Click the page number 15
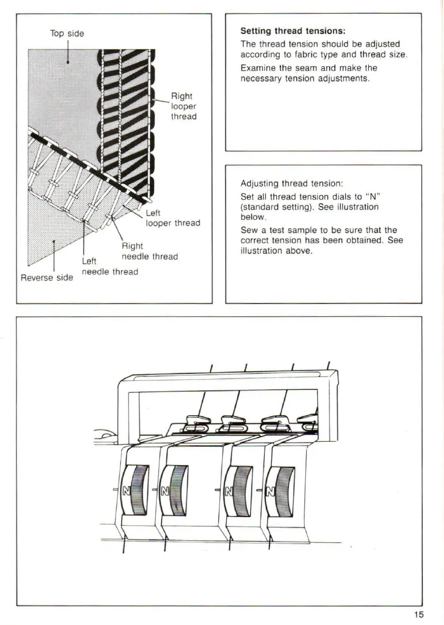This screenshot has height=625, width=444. click(419, 614)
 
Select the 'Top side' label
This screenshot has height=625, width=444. click(67, 33)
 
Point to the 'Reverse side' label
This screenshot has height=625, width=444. click(47, 278)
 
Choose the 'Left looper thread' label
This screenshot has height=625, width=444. click(173, 218)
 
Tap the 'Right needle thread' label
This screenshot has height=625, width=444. click(149, 252)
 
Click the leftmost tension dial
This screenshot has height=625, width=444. click(137, 490)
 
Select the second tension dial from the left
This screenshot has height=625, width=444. click(176, 490)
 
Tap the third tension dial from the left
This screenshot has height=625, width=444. click(239, 490)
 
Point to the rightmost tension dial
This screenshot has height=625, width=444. click(280, 490)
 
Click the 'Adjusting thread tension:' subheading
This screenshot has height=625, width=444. click(292, 184)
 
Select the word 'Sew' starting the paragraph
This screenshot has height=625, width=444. click(248, 229)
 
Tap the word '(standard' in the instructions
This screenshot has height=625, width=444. click(259, 207)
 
